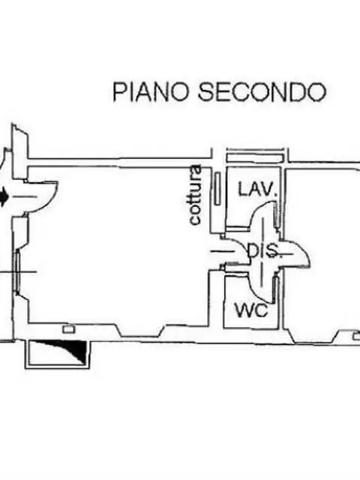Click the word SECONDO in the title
click(262, 91)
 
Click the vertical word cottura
click(195, 195)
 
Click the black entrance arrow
click(3, 197)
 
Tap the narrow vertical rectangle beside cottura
click(217, 188)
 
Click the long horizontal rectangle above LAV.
click(254, 157)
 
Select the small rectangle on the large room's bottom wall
click(69, 329)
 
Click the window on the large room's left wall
click(18, 271)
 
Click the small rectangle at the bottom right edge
click(357, 337)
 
